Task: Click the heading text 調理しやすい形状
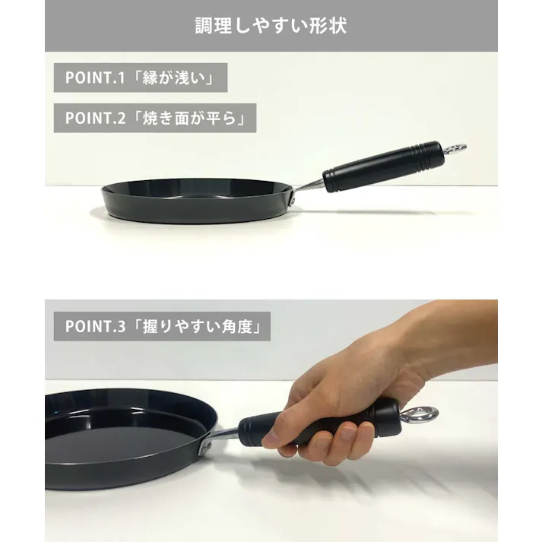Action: click(271, 26)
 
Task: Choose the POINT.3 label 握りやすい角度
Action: click(202, 327)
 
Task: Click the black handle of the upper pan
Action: click(384, 166)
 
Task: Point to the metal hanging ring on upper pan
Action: click(455, 149)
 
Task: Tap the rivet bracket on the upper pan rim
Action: click(293, 199)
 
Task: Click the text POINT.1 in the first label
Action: click(95, 78)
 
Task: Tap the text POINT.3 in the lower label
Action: click(95, 327)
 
